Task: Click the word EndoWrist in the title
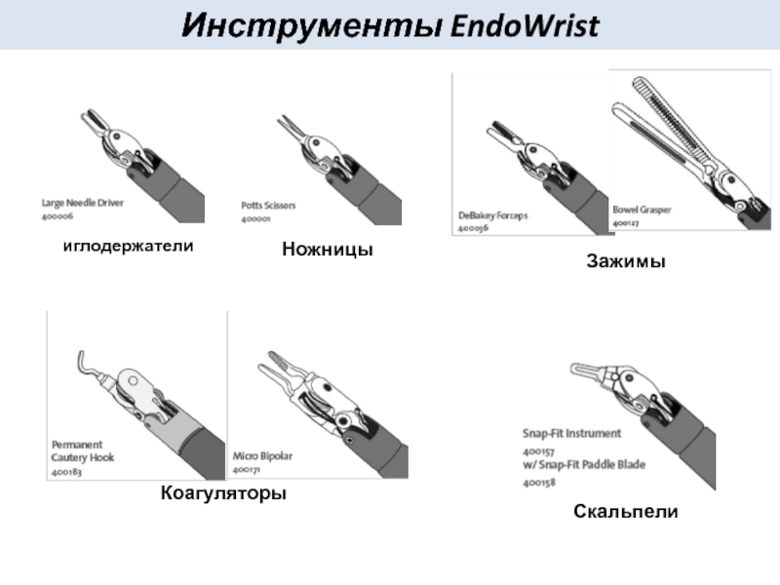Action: (x=523, y=26)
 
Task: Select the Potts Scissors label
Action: (x=268, y=206)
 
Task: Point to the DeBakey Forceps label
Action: (x=492, y=215)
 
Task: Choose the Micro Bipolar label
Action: (x=262, y=455)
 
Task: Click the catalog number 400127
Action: (x=625, y=223)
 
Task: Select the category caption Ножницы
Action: (x=328, y=251)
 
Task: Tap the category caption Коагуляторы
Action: (x=223, y=493)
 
